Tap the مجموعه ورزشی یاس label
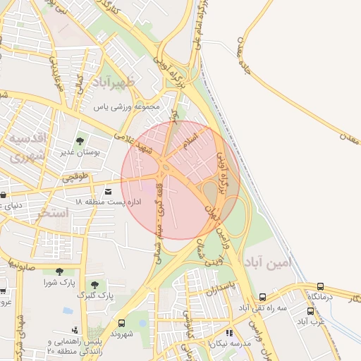tap(128, 107)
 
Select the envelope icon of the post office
tap(108, 191)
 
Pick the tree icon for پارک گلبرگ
tap(94, 284)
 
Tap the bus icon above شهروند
tap(121, 323)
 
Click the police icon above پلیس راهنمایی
tap(75, 330)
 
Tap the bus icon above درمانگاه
tap(321, 286)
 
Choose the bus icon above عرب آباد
tap(310, 311)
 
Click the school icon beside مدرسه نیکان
tap(229, 333)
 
